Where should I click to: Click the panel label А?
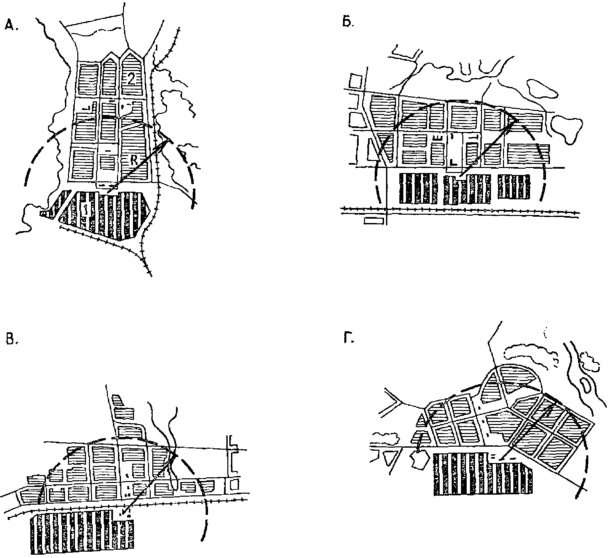pos(11,25)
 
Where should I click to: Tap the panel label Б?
pos(348,22)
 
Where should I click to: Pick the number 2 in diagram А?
pos(131,79)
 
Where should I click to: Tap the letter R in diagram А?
pos(133,160)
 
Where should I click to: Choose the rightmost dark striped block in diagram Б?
pos(514,187)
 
